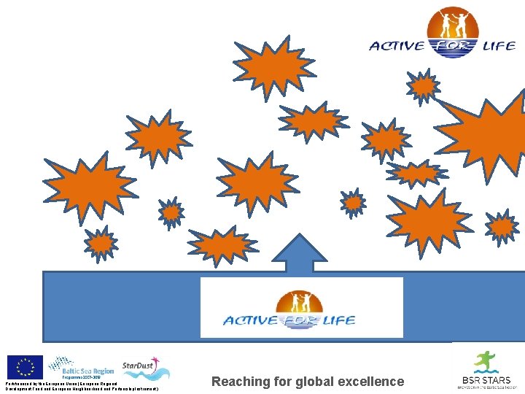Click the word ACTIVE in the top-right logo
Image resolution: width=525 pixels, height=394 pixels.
click(x=397, y=47)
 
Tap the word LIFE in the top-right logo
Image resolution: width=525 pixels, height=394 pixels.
click(x=499, y=47)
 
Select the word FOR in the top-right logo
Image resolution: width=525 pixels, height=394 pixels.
click(x=453, y=47)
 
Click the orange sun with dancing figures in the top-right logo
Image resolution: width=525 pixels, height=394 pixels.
click(x=453, y=25)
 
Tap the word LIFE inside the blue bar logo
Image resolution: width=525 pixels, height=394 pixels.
click(x=340, y=320)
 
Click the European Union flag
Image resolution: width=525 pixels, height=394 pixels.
click(x=25, y=366)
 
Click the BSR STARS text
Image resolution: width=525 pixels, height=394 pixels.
click(x=485, y=380)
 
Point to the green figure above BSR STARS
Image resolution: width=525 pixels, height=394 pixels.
click(x=483, y=362)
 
